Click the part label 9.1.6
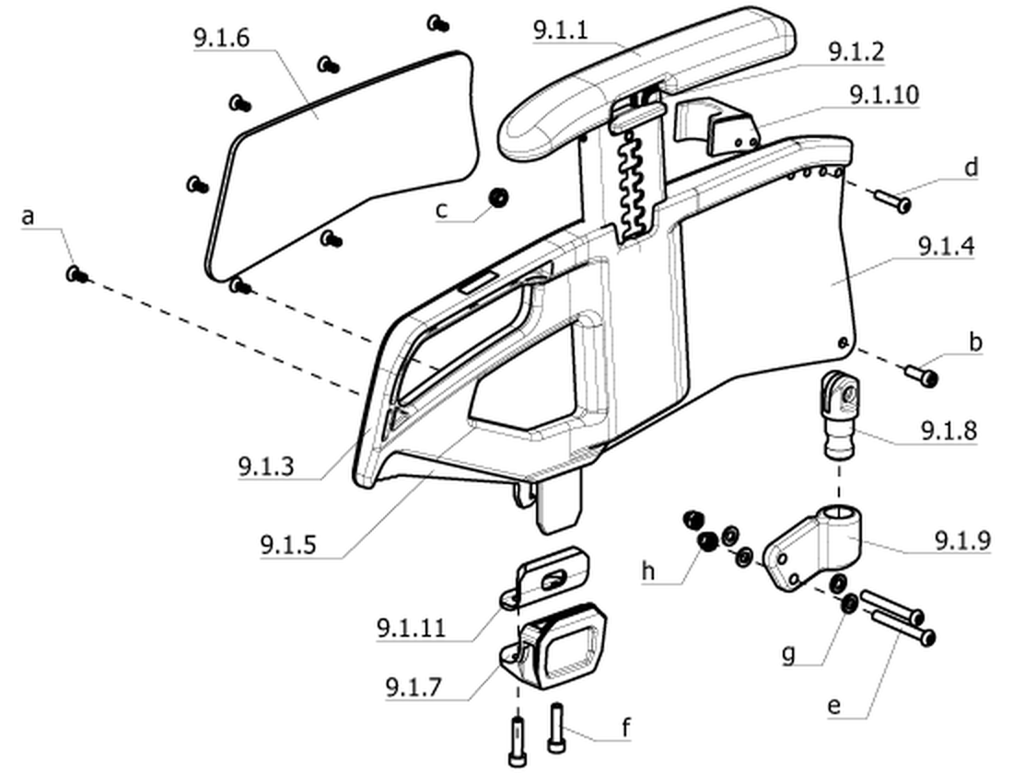221,38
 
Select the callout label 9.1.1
561,29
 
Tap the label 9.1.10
884,94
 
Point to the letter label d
971,167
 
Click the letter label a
27,216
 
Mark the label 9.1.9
962,540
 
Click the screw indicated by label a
76,275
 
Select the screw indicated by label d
893,200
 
